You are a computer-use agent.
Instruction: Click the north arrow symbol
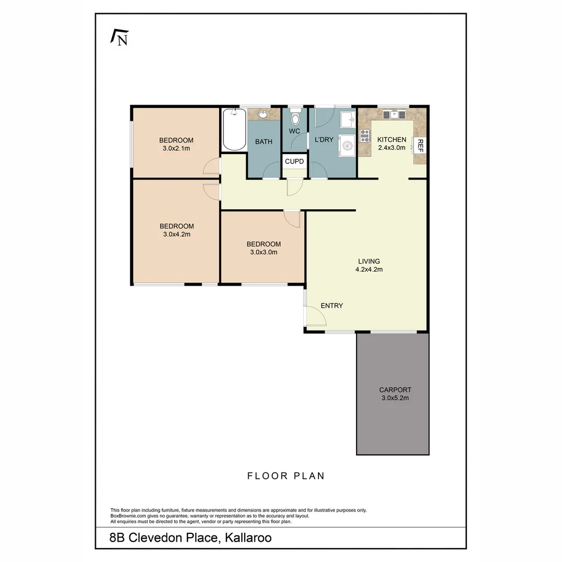coord(119,38)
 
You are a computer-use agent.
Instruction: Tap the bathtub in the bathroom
coord(234,129)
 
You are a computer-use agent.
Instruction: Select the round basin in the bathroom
coord(263,114)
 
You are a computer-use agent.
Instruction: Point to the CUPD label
coord(294,162)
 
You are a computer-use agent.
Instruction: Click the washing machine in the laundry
coord(347,145)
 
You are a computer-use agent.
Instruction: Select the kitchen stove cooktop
coord(365,136)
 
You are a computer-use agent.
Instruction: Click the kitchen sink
coord(394,114)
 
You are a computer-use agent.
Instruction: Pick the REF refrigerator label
coord(420,146)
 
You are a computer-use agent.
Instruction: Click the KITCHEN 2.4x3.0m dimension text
coord(391,148)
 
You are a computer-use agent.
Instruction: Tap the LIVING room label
coord(369,261)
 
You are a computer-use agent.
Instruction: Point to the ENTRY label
coord(331,305)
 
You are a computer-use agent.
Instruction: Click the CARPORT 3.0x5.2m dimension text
coord(395,398)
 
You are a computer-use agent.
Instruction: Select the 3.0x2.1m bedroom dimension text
coord(176,148)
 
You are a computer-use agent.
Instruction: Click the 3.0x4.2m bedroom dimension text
coord(176,234)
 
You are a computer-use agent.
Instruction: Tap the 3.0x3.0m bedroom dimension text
coord(263,252)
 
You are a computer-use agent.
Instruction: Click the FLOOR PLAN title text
coord(286,476)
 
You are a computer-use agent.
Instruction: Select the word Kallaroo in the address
coord(248,538)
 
